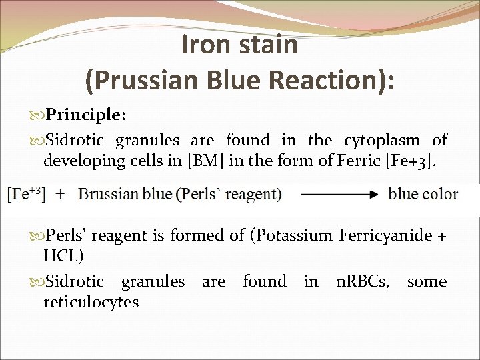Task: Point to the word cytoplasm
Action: point(382,140)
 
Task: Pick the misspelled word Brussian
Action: point(105,194)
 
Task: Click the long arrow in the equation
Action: point(339,195)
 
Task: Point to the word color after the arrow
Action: point(439,194)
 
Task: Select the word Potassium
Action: point(299,236)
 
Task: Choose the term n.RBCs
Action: point(365,281)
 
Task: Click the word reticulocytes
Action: point(91,302)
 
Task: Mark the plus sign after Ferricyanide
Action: point(441,237)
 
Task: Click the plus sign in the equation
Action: point(60,194)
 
